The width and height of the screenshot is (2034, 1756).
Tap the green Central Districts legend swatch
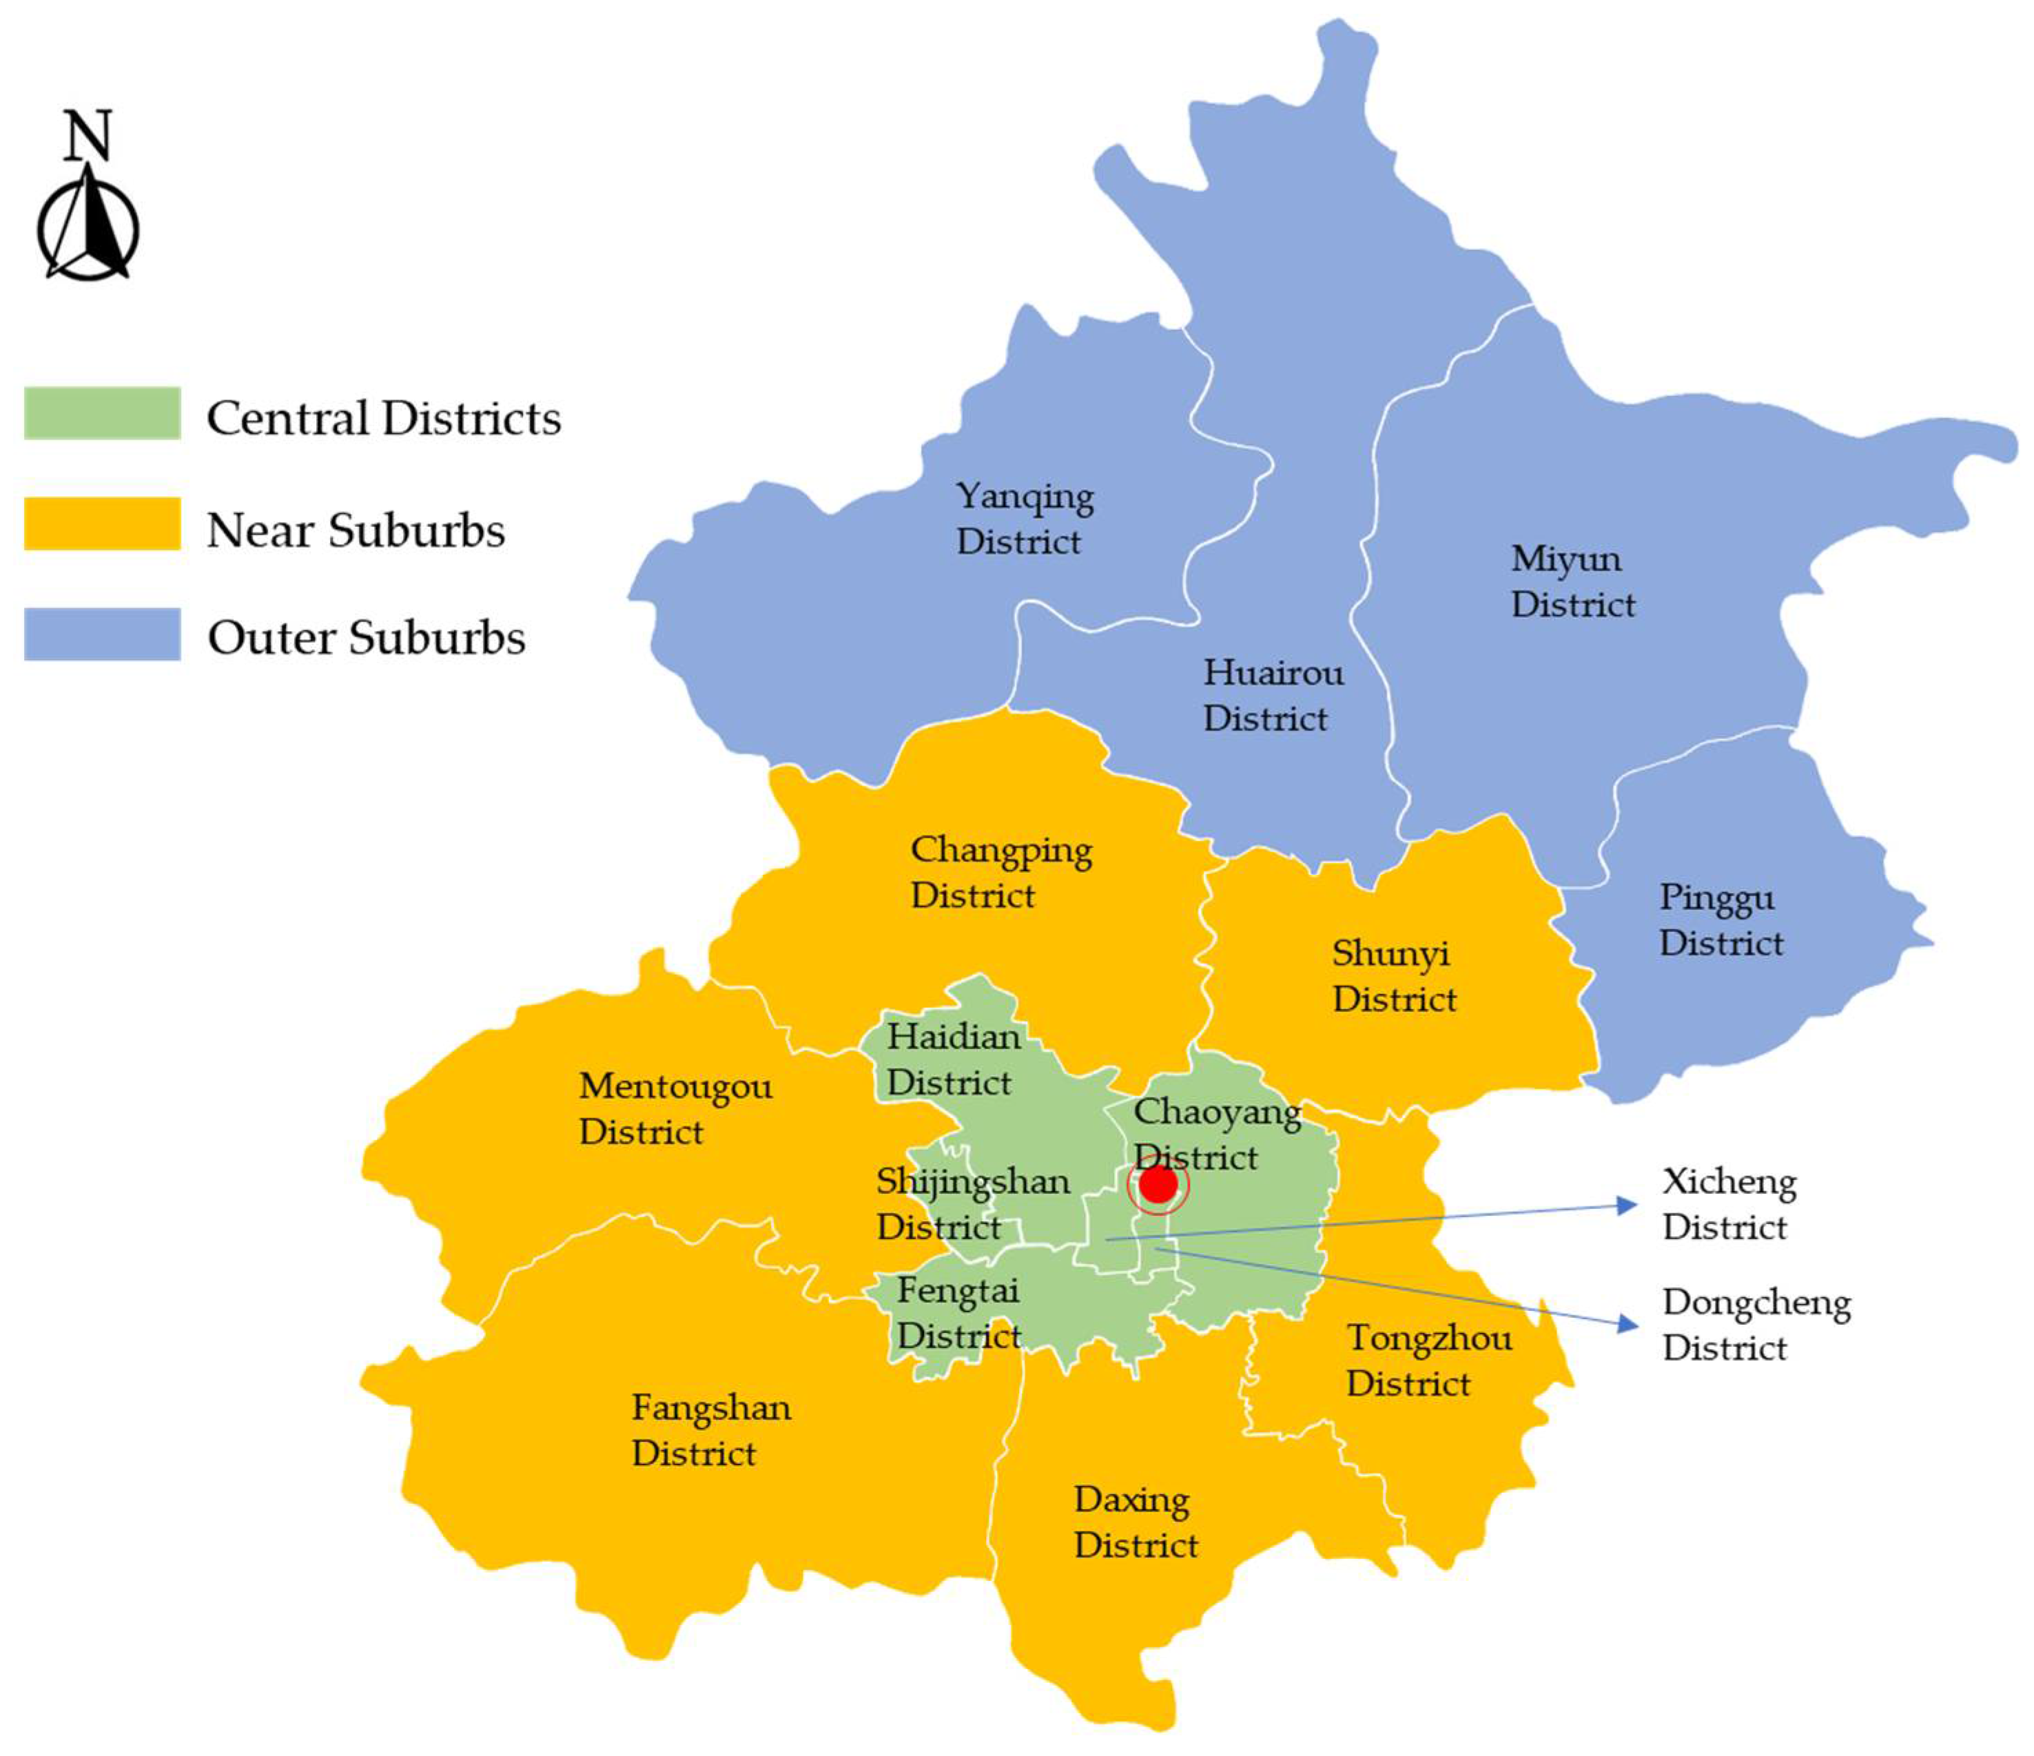[x=102, y=413]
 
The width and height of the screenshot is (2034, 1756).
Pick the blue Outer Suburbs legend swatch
[x=102, y=634]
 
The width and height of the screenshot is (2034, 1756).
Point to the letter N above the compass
[x=88, y=136]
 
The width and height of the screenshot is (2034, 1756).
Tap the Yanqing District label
[x=1024, y=518]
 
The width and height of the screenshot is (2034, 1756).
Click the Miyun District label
[x=1572, y=581]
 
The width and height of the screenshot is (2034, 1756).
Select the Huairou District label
[x=1272, y=695]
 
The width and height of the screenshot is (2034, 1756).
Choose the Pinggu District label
[x=1720, y=920]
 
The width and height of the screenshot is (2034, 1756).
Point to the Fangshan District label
[x=710, y=1430]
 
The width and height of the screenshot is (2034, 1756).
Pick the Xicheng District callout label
[x=1727, y=1204]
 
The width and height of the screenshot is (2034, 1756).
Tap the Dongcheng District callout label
[x=1755, y=1324]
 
